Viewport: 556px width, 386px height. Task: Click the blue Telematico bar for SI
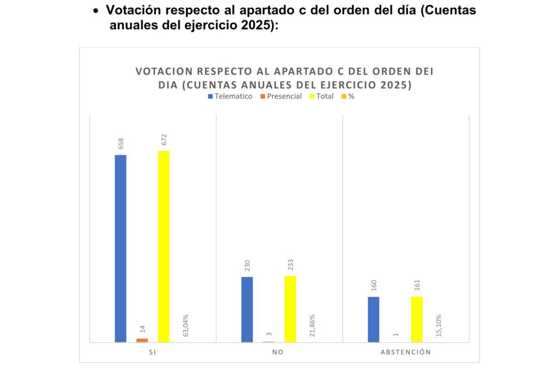(x=121, y=248)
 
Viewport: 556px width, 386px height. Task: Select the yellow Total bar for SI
(x=163, y=246)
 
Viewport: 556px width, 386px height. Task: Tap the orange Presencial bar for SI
(x=142, y=340)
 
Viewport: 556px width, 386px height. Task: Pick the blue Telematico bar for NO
(x=247, y=309)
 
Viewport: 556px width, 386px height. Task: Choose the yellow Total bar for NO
(x=290, y=308)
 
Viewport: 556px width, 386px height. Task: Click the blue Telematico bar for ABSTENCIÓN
(x=374, y=319)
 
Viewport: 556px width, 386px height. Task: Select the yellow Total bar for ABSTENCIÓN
(x=416, y=319)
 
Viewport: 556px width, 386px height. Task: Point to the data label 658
(x=121, y=144)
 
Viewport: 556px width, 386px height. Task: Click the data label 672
(x=163, y=139)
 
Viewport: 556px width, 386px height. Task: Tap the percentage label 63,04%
(x=186, y=325)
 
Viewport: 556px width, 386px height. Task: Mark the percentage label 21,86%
(x=312, y=325)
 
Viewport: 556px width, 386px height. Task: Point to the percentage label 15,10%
(x=439, y=325)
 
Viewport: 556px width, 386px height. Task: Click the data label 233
(x=290, y=265)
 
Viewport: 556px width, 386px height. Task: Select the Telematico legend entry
(x=230, y=97)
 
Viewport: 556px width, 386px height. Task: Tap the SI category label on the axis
(x=153, y=352)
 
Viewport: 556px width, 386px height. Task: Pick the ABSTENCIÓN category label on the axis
(x=406, y=352)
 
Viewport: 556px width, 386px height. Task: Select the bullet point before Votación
(x=96, y=11)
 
